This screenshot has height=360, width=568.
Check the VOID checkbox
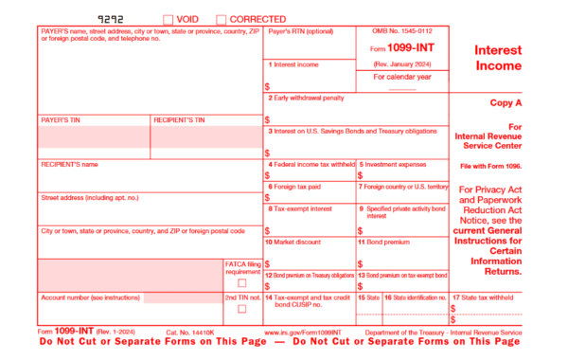click(169, 19)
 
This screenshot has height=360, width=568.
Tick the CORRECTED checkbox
click(222, 19)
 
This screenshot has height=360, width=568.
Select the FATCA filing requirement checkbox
click(242, 282)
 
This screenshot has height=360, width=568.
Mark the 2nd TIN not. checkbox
click(242, 310)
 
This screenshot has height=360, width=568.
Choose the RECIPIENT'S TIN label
click(179, 120)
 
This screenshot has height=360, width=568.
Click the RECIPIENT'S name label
click(70, 164)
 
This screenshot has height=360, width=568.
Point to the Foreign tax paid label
click(296, 187)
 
